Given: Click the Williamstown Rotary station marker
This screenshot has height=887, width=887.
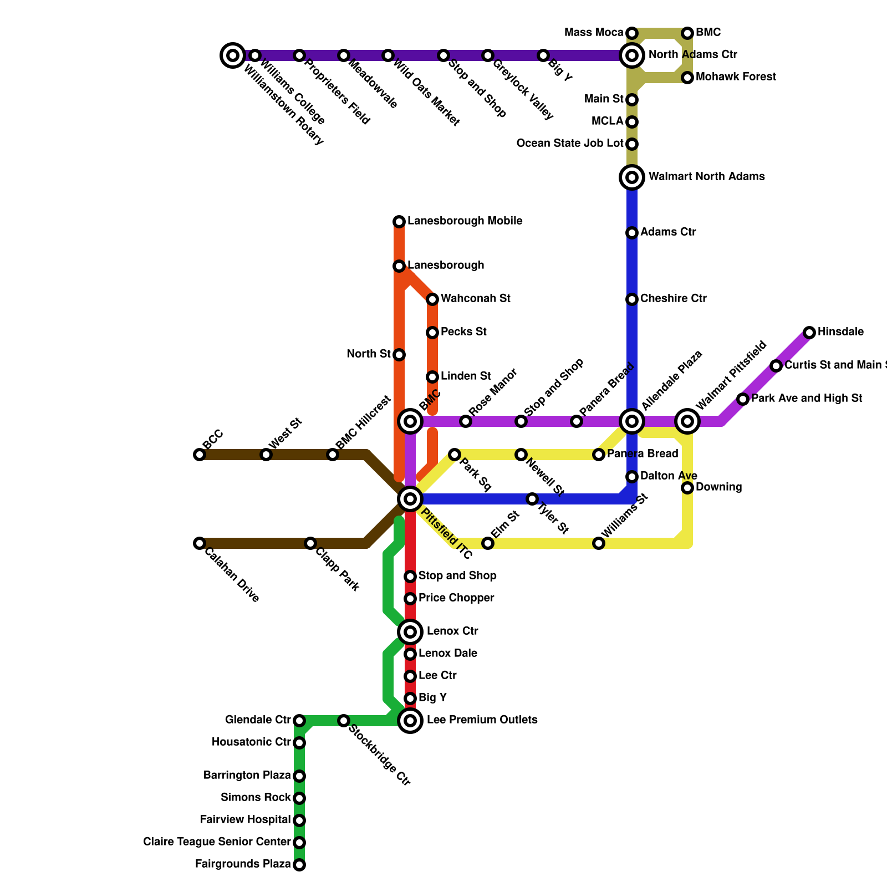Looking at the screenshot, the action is tap(233, 55).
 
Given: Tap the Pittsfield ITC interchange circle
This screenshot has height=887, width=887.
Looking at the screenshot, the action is tap(410, 499).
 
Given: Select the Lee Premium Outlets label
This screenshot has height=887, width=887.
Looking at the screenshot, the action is tap(482, 720).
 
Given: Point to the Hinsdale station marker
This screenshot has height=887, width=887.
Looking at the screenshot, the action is tap(809, 333).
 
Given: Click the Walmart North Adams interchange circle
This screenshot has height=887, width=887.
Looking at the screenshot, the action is tap(632, 177).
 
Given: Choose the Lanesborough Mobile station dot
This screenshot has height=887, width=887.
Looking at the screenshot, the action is tap(399, 222).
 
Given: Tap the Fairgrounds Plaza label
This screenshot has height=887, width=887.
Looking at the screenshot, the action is tap(243, 864).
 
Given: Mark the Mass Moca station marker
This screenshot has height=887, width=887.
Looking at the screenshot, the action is tap(632, 33).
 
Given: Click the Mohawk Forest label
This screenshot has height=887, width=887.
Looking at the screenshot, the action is tap(736, 77).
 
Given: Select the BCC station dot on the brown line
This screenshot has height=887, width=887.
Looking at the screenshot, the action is tap(200, 455).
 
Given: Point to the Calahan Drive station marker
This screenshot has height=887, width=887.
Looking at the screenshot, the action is tap(200, 543).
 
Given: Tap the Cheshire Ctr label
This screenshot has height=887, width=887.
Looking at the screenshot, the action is tap(673, 299).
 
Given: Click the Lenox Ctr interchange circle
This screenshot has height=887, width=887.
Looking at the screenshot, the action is tap(410, 632).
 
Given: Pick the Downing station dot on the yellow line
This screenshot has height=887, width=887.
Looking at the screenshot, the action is tap(687, 488).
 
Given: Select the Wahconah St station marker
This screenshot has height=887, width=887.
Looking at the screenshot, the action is tap(432, 299).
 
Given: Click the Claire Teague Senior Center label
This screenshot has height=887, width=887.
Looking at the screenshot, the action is tap(217, 842).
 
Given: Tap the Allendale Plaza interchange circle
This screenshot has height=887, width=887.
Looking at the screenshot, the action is tap(632, 421).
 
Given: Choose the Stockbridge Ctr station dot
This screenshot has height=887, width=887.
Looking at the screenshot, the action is tap(344, 721).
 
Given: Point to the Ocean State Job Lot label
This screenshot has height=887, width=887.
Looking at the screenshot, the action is tap(570, 144).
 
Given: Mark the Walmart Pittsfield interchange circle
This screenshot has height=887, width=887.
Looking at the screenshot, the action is tap(687, 421).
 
